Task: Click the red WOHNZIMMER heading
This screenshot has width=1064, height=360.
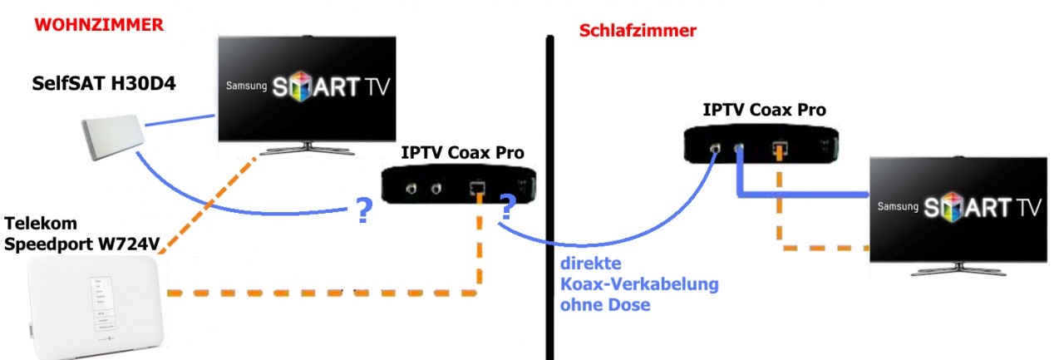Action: pyautogui.click(x=99, y=24)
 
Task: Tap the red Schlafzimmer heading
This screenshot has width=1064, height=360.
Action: pyautogui.click(x=637, y=32)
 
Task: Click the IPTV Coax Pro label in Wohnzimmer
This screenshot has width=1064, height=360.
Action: pyautogui.click(x=462, y=152)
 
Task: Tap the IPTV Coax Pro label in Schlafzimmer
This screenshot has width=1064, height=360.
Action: pyautogui.click(x=764, y=109)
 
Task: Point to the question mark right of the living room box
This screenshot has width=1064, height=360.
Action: pyautogui.click(x=507, y=207)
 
